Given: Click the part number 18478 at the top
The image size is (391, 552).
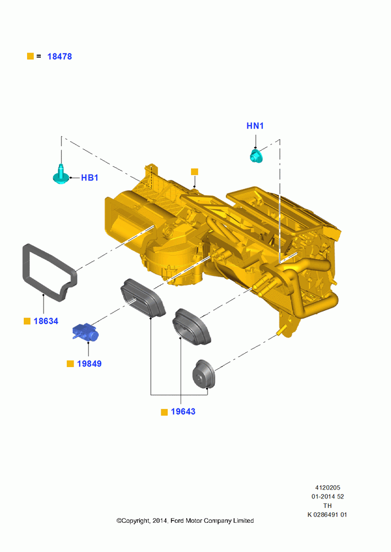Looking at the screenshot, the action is pyautogui.click(x=60, y=56).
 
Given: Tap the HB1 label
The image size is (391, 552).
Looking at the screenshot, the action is pyautogui.click(x=89, y=178).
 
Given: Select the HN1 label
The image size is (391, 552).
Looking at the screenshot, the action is pyautogui.click(x=255, y=126).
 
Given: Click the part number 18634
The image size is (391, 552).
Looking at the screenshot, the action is pyautogui.click(x=46, y=321).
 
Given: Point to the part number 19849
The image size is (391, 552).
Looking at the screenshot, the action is pyautogui.click(x=89, y=364).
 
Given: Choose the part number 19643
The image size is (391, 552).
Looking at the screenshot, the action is pyautogui.click(x=183, y=412).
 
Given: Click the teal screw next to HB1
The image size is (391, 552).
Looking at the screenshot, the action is pyautogui.click(x=61, y=174).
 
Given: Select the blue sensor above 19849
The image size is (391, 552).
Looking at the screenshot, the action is pyautogui.click(x=85, y=332).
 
